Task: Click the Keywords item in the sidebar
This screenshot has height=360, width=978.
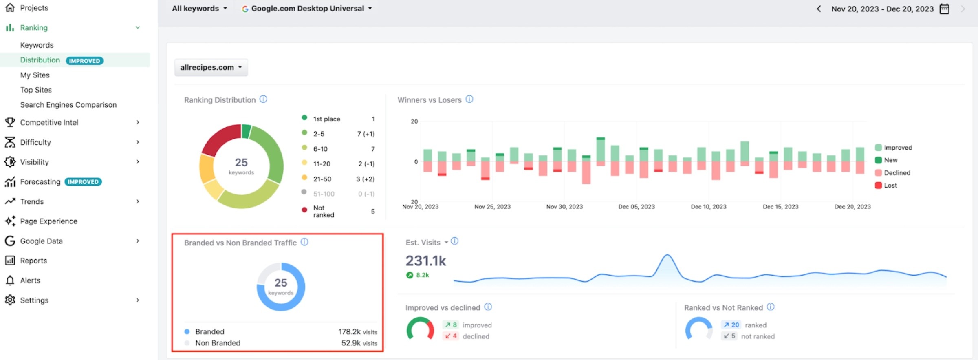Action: pyautogui.click(x=37, y=45)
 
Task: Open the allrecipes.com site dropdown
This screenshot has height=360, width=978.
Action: pyautogui.click(x=211, y=67)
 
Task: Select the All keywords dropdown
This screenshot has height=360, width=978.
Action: pyautogui.click(x=199, y=8)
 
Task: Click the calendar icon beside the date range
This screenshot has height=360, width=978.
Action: pyautogui.click(x=944, y=9)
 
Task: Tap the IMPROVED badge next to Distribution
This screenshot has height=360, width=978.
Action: pyautogui.click(x=84, y=61)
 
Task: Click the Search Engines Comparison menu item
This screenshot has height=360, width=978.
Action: pyautogui.click(x=68, y=105)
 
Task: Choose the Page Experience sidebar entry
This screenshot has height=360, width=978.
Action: pyautogui.click(x=48, y=221)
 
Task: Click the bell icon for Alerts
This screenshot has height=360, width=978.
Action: pyautogui.click(x=10, y=280)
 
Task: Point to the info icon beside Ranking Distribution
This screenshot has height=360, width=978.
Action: pyautogui.click(x=263, y=99)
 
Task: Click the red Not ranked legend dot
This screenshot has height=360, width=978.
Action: pyautogui.click(x=304, y=210)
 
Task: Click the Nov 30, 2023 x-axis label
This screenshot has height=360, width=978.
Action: pyautogui.click(x=564, y=207)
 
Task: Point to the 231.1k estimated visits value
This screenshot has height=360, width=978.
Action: pyautogui.click(x=426, y=261)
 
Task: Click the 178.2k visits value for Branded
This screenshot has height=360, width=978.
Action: pyautogui.click(x=358, y=332)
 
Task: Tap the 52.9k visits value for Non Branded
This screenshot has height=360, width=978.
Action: pyautogui.click(x=359, y=343)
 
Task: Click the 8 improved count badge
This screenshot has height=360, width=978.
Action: pyautogui.click(x=450, y=325)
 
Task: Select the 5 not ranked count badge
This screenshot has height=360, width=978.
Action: pyautogui.click(x=729, y=336)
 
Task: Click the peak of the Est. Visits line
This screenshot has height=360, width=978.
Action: pyautogui.click(x=667, y=255)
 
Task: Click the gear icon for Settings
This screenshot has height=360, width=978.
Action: pyautogui.click(x=10, y=300)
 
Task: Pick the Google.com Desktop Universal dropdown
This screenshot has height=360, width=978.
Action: pyautogui.click(x=307, y=8)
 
